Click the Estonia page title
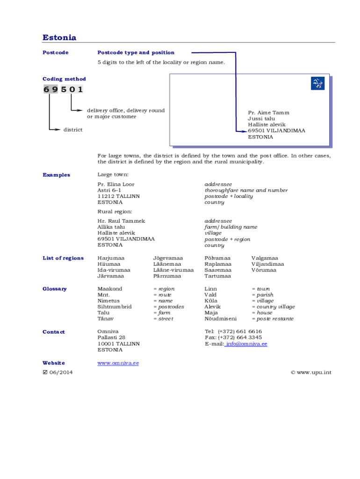pyautogui.click(x=59, y=37)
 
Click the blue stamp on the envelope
pyautogui.click(x=317, y=84)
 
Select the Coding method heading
pyautogui.click(x=64, y=79)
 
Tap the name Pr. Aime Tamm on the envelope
pyautogui.click(x=268, y=113)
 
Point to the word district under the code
pyautogui.click(x=73, y=130)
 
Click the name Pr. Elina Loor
pyautogui.click(x=115, y=184)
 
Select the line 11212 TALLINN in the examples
pyautogui.click(x=118, y=196)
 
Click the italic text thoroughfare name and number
pyautogui.click(x=246, y=190)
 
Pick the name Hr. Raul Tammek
pyautogui.click(x=121, y=221)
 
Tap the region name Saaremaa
pyautogui.click(x=217, y=270)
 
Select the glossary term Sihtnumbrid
pyautogui.click(x=115, y=307)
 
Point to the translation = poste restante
pyautogui.click(x=273, y=319)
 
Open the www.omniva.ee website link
pyautogui.click(x=118, y=363)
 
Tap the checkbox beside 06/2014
pyautogui.click(x=45, y=372)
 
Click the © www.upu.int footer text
pyautogui.click(x=311, y=372)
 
